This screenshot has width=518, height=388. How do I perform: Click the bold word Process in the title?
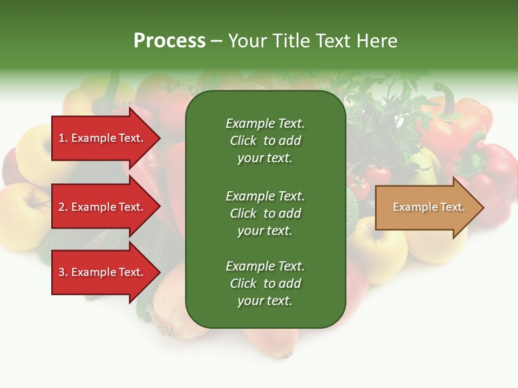point(169,41)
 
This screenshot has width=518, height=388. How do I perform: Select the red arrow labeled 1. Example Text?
point(103,138)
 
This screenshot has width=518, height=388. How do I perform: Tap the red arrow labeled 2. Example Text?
point(103,207)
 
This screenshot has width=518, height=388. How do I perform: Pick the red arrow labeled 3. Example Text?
point(103,272)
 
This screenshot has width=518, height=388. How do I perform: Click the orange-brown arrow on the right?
point(426,207)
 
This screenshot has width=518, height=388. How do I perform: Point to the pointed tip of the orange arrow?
point(482,207)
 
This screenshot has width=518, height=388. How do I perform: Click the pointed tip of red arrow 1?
point(159,138)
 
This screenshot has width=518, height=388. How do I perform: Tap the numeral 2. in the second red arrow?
point(63,207)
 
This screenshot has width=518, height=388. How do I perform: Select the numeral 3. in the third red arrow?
point(63,272)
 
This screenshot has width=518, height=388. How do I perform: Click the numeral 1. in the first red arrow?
point(63,138)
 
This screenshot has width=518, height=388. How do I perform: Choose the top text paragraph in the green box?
point(265,141)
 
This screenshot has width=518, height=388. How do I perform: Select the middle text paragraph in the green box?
point(265,213)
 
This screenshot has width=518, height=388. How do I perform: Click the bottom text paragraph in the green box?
point(265,283)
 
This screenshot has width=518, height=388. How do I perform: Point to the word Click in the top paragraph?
point(243,141)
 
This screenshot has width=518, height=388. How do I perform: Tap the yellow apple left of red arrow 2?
point(24,207)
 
